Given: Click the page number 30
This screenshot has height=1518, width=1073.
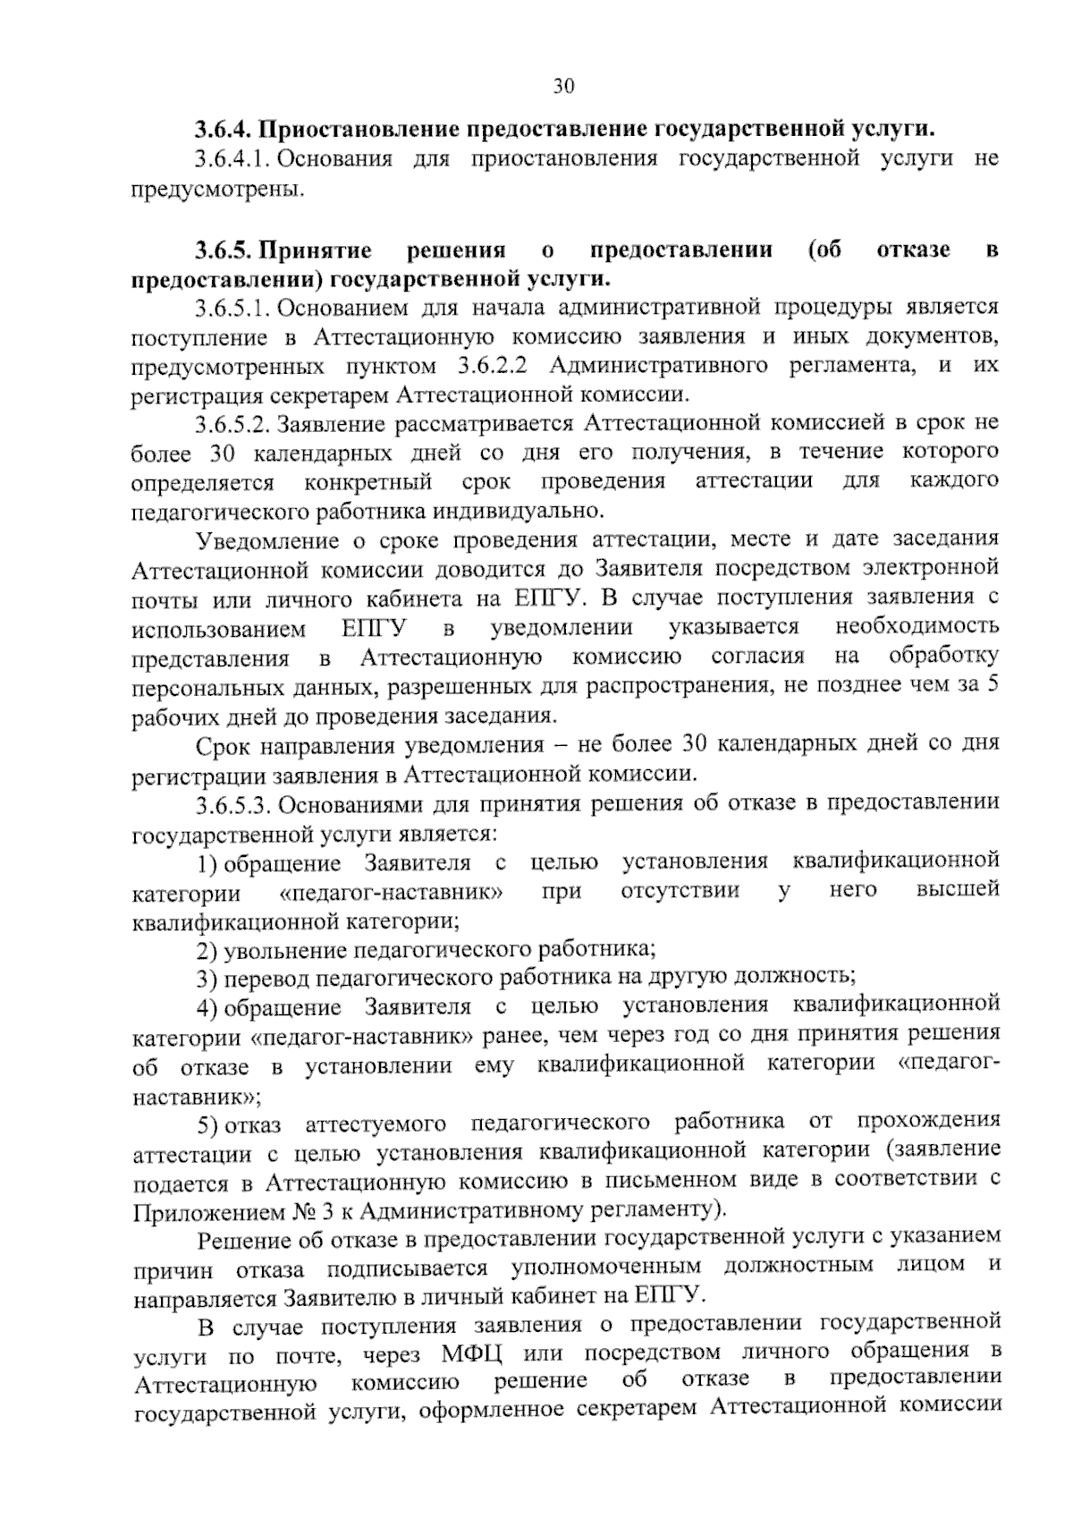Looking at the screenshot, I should [x=563, y=86].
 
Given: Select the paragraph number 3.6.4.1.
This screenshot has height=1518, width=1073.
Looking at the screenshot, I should [x=232, y=159].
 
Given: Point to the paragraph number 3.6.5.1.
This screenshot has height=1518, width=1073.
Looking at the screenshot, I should [x=232, y=309].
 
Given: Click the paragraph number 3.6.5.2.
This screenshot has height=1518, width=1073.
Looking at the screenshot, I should [x=232, y=422].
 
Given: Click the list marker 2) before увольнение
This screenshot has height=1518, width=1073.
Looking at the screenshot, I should [x=207, y=947].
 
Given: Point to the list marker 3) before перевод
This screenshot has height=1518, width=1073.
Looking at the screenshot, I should [x=207, y=976].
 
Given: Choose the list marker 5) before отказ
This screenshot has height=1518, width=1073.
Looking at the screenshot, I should [x=207, y=1122].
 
